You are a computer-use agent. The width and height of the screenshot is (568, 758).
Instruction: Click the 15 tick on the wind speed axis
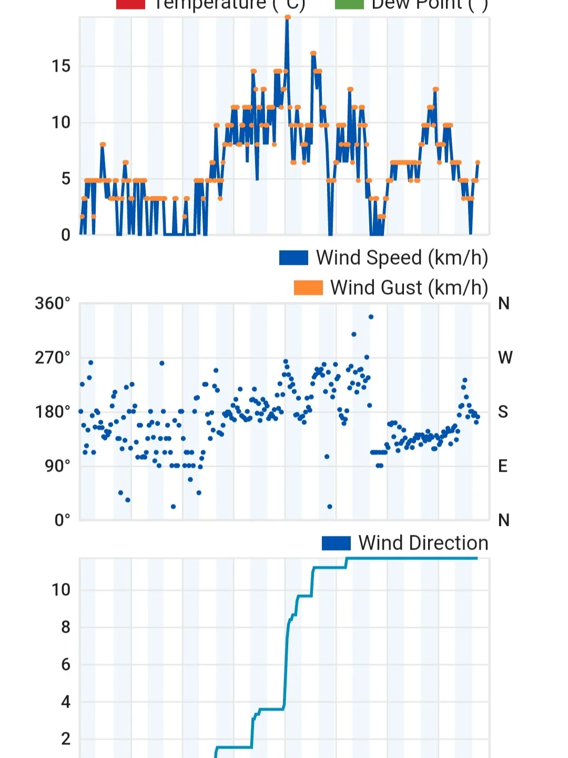point(60,66)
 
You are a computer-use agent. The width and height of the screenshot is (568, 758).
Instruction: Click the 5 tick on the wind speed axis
point(65,179)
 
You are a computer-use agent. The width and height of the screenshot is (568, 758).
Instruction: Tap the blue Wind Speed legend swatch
point(293,258)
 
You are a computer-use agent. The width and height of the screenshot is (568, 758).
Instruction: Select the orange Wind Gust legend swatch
point(308,288)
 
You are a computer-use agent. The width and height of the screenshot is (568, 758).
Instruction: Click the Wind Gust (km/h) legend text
point(409,288)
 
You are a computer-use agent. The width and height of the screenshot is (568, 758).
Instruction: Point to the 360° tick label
point(53,304)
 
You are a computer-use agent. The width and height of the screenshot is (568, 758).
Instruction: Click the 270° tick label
point(53,358)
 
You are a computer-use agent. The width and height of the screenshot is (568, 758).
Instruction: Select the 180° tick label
point(53,412)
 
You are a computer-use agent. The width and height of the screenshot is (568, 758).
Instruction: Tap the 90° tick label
point(57,466)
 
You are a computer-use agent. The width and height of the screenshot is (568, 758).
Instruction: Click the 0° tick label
point(62,520)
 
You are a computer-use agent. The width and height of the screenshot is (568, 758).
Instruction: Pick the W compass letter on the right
point(505,358)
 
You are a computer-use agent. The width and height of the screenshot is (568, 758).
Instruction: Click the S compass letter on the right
point(503,412)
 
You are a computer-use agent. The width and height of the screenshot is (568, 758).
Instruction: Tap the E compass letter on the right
point(503,466)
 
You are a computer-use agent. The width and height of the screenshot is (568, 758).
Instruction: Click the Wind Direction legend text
point(423,543)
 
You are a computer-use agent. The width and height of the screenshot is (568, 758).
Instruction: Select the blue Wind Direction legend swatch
point(336,543)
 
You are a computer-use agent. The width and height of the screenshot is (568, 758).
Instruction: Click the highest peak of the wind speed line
point(287,18)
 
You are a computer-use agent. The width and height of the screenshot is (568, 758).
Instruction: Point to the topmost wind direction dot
point(371,317)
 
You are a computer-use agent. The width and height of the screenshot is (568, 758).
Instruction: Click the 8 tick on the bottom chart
point(65,627)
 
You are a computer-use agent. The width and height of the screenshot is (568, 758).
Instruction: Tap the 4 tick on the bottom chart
point(65,702)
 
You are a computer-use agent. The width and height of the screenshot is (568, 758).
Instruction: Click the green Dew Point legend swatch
point(349,5)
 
